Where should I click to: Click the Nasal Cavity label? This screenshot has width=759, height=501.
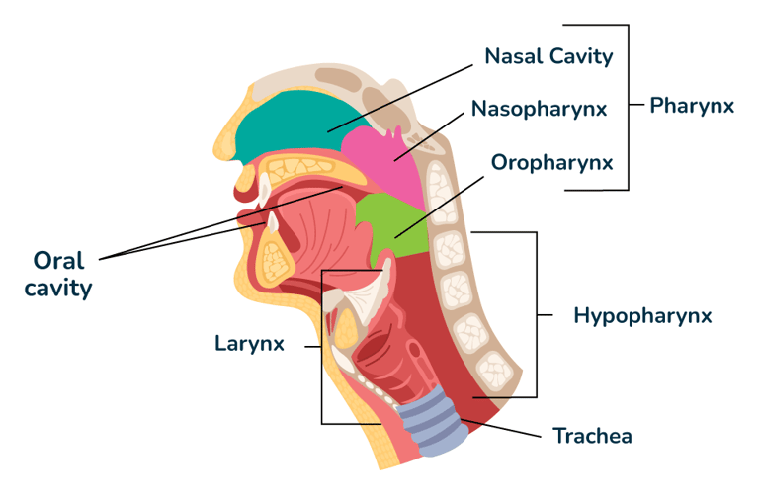[548, 56]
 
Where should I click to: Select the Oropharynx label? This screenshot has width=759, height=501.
[551, 161]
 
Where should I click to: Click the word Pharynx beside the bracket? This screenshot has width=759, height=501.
[692, 106]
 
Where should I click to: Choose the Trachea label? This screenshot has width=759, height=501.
[592, 435]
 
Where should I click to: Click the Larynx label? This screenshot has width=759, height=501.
[249, 344]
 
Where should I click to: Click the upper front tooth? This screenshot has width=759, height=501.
[264, 188]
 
